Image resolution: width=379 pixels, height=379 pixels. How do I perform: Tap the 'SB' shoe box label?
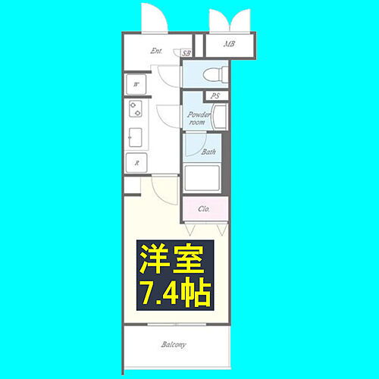click(x=187, y=53)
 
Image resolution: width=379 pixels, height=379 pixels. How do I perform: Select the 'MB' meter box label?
click(x=229, y=44)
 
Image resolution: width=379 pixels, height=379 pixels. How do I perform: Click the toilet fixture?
click(x=213, y=74)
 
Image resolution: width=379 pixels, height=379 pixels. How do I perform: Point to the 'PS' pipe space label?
click(x=215, y=96)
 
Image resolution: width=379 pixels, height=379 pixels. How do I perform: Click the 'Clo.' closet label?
click(x=204, y=208)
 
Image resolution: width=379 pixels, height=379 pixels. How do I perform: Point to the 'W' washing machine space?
click(x=136, y=84)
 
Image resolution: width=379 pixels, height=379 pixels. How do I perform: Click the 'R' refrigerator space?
click(x=136, y=162)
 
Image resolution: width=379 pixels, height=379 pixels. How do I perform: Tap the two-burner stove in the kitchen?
click(x=136, y=111)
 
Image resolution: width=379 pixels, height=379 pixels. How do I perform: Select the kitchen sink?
click(x=136, y=136)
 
